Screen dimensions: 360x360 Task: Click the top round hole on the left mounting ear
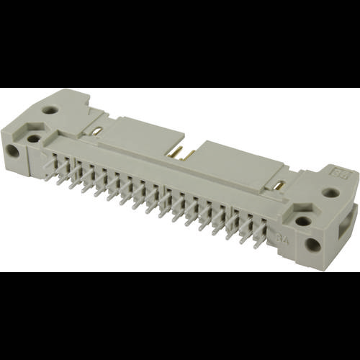(50, 110)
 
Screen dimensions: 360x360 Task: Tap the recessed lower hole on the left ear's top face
(35, 138)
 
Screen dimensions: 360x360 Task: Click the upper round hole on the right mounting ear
(330, 193)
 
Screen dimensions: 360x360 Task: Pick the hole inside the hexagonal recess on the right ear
(303, 221)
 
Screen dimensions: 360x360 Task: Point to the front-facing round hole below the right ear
(312, 245)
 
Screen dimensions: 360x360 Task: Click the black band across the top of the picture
(180, 43)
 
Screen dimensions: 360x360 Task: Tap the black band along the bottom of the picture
(180, 317)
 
